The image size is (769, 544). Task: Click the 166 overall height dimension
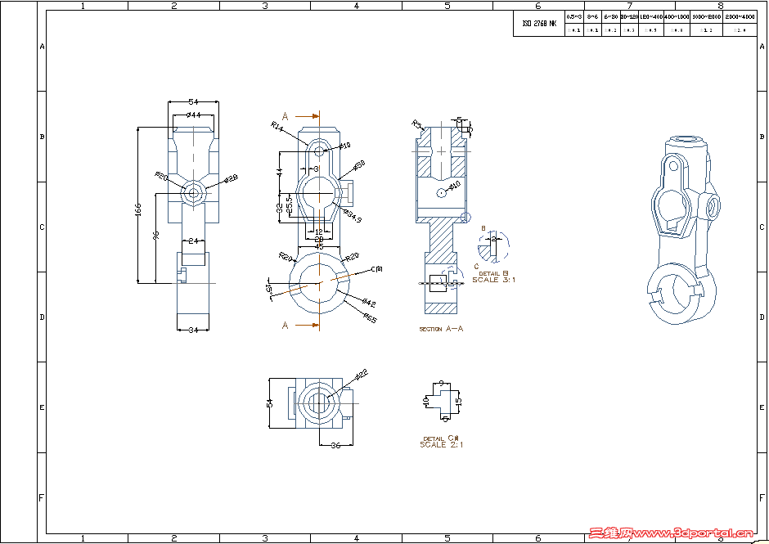pyautogui.click(x=138, y=211)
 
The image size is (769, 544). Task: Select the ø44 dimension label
pyautogui.click(x=193, y=115)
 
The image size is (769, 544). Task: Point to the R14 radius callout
pyautogui.click(x=277, y=127)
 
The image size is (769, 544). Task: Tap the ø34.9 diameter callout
pyautogui.click(x=353, y=218)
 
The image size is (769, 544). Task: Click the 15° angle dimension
pyautogui.click(x=268, y=290)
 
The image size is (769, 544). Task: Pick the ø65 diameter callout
pyautogui.click(x=370, y=319)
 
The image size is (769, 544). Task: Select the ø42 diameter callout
pyautogui.click(x=367, y=303)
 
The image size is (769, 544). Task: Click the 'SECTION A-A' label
pyautogui.click(x=441, y=329)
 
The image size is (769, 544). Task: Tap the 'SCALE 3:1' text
pyautogui.click(x=493, y=280)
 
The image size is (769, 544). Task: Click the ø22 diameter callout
pyautogui.click(x=362, y=374)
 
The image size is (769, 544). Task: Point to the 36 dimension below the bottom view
pyautogui.click(x=335, y=445)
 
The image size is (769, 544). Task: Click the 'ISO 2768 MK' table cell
pyautogui.click(x=538, y=25)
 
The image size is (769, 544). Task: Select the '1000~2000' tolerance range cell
pyautogui.click(x=706, y=16)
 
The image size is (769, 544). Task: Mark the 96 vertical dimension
pyautogui.click(x=155, y=236)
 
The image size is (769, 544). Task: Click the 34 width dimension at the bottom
pyautogui.click(x=193, y=330)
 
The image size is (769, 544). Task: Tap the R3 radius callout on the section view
pyautogui.click(x=416, y=124)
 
